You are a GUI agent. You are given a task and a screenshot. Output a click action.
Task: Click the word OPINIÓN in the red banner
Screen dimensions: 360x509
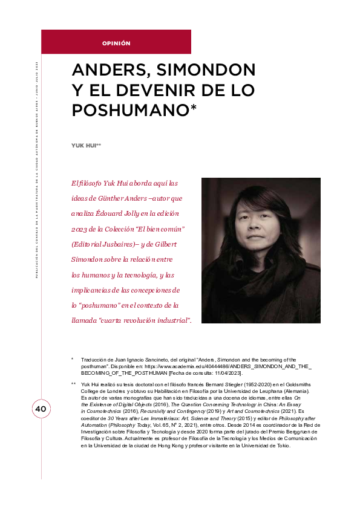coord(116,43)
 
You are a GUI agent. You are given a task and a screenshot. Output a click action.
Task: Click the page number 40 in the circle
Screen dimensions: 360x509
coord(24,409)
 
